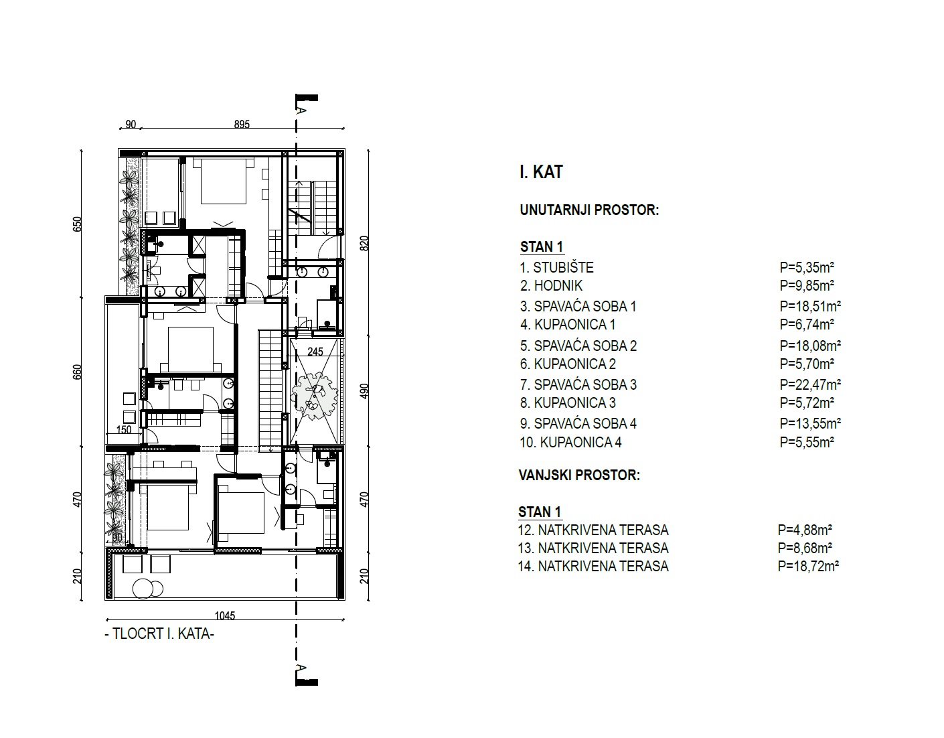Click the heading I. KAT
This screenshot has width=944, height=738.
[541, 172]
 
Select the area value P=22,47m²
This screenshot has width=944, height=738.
[810, 384]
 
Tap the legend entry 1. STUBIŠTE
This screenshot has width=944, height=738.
[556, 268]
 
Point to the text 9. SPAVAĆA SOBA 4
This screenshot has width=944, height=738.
[578, 424]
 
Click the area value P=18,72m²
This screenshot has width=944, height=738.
[808, 566]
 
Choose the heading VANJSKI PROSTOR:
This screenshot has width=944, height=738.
[579, 475]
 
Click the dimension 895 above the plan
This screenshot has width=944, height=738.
[242, 125]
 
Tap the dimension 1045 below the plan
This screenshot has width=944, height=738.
[225, 615]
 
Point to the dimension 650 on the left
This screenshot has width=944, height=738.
[77, 224]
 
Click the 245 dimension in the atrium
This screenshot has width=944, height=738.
[315, 352]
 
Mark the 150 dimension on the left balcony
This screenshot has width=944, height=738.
[124, 431]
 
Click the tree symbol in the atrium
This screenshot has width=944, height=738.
[315, 395]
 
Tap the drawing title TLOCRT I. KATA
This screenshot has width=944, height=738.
[160, 634]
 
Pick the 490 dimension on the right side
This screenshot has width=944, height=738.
[365, 392]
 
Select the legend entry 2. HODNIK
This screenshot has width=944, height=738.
[551, 286]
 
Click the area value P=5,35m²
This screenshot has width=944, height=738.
[807, 268]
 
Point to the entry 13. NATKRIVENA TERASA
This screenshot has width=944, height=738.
[593, 548]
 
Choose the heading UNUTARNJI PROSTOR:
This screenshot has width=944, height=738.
[589, 210]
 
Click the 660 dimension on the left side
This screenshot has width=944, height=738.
[77, 372]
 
